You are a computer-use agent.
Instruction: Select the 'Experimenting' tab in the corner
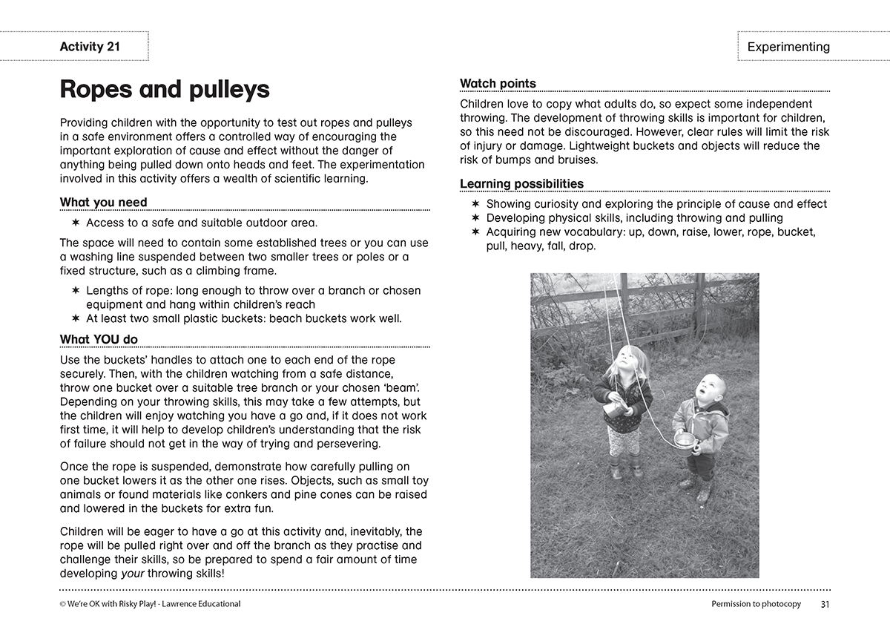(x=788, y=47)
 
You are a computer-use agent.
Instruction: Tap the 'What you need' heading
(x=103, y=202)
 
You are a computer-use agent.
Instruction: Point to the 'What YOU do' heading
(x=99, y=339)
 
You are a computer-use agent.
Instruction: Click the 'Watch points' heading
(x=498, y=83)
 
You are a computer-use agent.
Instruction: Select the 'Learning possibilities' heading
(x=521, y=183)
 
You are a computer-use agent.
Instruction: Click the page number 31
(x=825, y=604)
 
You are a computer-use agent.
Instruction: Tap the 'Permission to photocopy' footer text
(x=756, y=604)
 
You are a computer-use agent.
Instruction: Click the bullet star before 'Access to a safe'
(x=76, y=223)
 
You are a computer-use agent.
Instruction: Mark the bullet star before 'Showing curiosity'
(x=476, y=204)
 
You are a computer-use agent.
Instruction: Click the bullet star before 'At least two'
(x=76, y=319)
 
